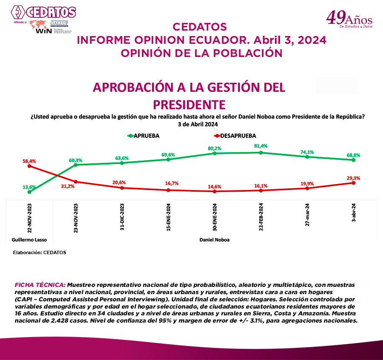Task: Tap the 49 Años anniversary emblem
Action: point(349,19)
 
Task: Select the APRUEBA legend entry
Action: point(145,136)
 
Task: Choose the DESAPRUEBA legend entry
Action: point(234,136)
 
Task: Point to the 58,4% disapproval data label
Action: point(29,161)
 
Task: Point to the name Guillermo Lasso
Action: point(29,240)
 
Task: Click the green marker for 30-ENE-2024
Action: point(214,153)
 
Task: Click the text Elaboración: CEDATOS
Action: point(40,252)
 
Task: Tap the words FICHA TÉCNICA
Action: point(40,284)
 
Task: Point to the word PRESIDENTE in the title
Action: point(189,104)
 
